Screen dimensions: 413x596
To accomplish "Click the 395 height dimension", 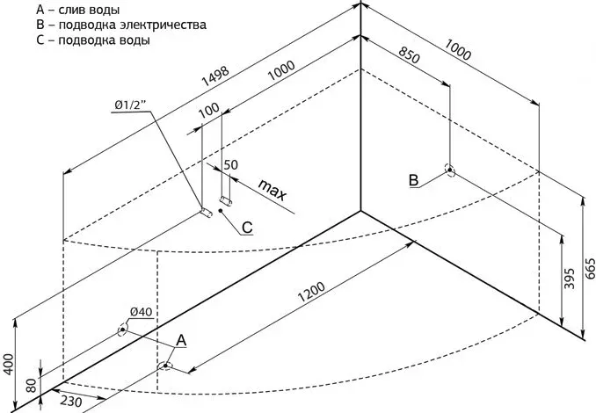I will coord(570,279).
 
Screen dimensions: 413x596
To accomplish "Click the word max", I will coord(274,189).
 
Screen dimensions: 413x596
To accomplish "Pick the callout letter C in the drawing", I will coord(247,228).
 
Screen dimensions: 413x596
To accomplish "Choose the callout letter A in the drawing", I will coord(182,339).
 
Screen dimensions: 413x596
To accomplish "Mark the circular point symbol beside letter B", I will coord(449,170).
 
